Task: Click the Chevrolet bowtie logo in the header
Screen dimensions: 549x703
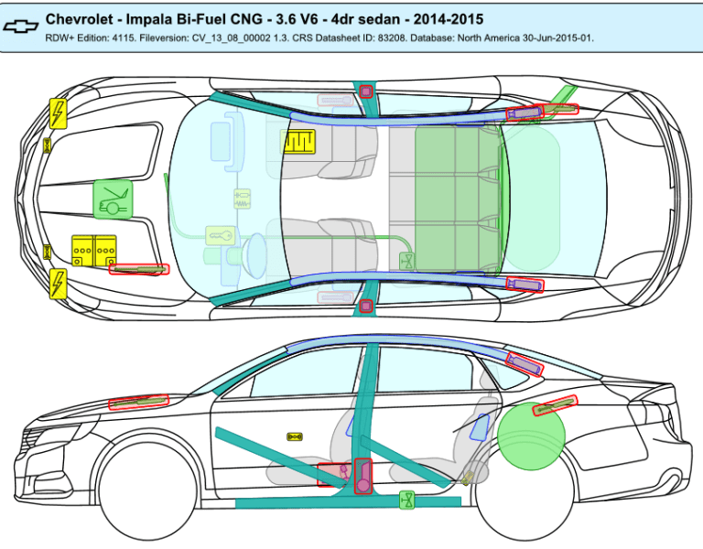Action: click(22, 26)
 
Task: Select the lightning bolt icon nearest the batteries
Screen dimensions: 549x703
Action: click(58, 284)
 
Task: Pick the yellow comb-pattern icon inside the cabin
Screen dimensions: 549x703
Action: click(298, 142)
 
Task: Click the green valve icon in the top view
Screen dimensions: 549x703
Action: click(408, 261)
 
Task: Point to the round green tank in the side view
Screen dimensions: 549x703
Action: click(531, 435)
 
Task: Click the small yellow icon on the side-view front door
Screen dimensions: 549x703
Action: click(295, 437)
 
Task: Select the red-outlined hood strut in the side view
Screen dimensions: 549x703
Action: click(139, 401)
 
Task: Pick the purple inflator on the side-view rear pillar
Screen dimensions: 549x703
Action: click(524, 365)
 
